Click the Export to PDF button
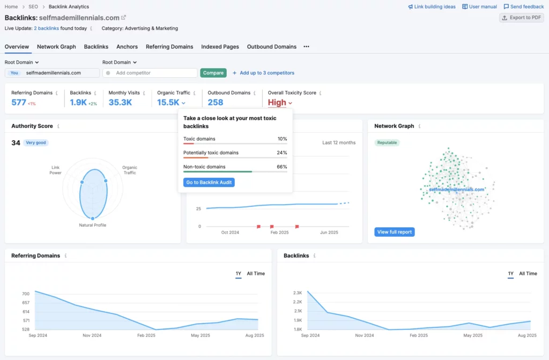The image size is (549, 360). pyautogui.click(x=521, y=18)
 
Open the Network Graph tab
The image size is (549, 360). pyautogui.click(x=56, y=47)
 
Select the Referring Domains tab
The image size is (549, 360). pyautogui.click(x=169, y=47)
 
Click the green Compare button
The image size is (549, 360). pyautogui.click(x=213, y=73)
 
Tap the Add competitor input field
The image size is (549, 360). pyautogui.click(x=152, y=73)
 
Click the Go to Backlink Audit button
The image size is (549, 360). pyautogui.click(x=209, y=183)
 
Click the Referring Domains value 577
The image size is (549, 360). pyautogui.click(x=19, y=102)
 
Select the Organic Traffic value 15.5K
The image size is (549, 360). pyautogui.click(x=168, y=102)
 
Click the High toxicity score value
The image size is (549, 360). pyautogui.click(x=277, y=102)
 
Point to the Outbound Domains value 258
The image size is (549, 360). pyautogui.click(x=216, y=102)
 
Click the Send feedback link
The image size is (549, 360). pyautogui.click(x=524, y=7)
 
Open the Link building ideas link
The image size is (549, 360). pyautogui.click(x=432, y=7)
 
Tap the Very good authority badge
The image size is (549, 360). pyautogui.click(x=36, y=143)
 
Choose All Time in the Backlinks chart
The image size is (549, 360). pyautogui.click(x=528, y=274)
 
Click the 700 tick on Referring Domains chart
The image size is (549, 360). pyautogui.click(x=26, y=294)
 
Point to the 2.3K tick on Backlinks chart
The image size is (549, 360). pyautogui.click(x=298, y=292)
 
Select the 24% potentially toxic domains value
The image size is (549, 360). pyautogui.click(x=281, y=153)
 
